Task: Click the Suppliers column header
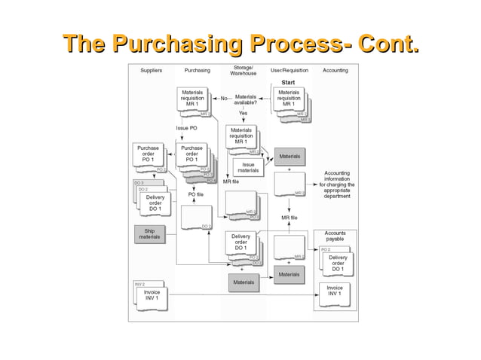click(x=151, y=70)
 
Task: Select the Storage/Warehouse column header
click(x=243, y=70)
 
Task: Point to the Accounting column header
click(x=335, y=70)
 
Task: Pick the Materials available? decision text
click(x=246, y=100)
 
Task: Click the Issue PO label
click(x=187, y=128)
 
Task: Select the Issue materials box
click(x=248, y=167)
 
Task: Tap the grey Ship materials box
click(x=149, y=233)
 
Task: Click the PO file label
click(x=196, y=194)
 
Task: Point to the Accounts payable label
click(x=335, y=236)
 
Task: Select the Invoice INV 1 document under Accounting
click(x=335, y=291)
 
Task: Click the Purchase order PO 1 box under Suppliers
click(x=148, y=155)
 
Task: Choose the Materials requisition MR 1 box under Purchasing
click(x=191, y=99)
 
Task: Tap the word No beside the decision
click(x=224, y=99)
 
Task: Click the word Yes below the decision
click(x=243, y=113)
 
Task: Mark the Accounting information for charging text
click(x=336, y=182)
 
